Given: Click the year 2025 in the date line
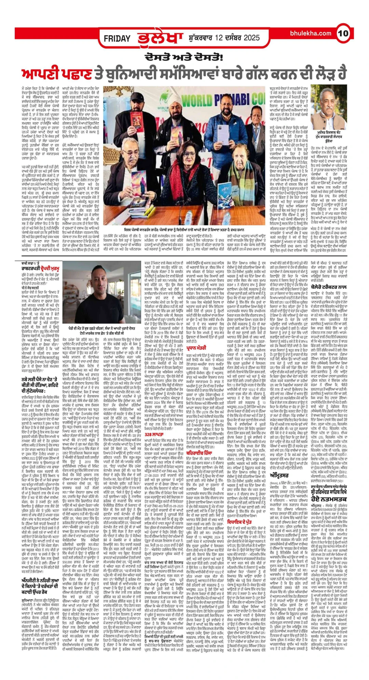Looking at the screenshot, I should (x=250, y=38).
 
